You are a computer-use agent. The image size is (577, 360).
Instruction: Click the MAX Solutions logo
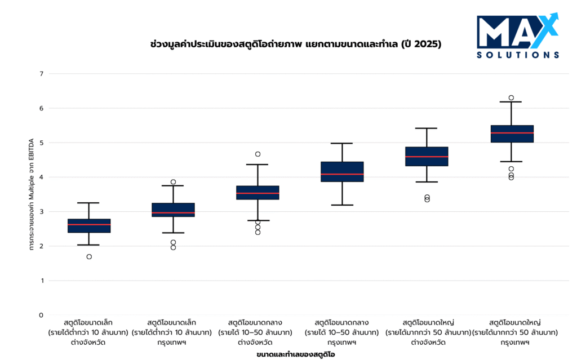coord(518,35)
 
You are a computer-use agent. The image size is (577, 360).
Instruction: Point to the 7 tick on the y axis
coord(41,74)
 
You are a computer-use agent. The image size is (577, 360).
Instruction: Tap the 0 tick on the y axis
coord(41,315)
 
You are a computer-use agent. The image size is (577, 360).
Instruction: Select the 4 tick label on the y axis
coord(41,177)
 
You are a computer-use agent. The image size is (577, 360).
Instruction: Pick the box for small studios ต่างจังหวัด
coord(89,225)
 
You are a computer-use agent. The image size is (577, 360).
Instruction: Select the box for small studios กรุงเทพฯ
coord(173,210)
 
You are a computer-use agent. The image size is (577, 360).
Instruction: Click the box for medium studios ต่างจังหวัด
coord(258,193)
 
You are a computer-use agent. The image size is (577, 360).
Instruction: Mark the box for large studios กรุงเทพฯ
coord(512,134)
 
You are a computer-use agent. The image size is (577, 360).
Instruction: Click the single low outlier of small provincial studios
coord(89,257)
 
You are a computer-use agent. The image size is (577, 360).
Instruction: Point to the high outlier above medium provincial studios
coord(258,154)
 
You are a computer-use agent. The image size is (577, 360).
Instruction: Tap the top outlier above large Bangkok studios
coord(512,97)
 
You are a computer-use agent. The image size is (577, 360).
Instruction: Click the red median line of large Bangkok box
coord(512,133)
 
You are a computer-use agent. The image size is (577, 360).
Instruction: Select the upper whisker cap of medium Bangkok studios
coord(342,144)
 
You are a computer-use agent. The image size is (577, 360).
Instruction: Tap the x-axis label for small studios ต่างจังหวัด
coord(89,332)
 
